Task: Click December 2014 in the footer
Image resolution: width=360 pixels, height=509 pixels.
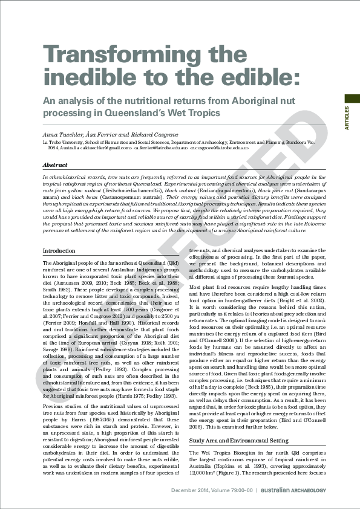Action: (188, 489)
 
